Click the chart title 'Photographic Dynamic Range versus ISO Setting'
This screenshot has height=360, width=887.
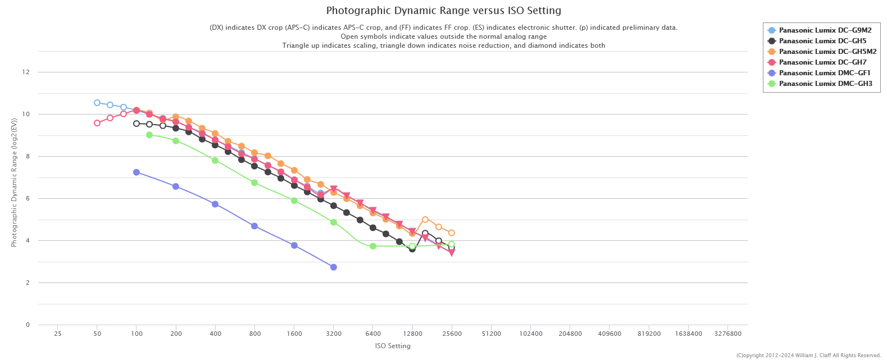(443, 11)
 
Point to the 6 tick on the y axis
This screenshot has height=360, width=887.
(28, 198)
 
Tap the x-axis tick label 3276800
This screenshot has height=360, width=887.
(727, 334)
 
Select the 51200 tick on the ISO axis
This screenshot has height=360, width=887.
(491, 334)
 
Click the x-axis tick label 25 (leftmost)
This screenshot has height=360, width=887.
(58, 334)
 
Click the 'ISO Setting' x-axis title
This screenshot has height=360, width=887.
(393, 346)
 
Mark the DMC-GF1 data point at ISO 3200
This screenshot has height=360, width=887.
(333, 267)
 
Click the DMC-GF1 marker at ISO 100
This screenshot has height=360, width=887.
(137, 172)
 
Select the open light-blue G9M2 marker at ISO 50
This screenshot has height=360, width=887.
(97, 103)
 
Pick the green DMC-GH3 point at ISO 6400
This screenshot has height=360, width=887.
(372, 246)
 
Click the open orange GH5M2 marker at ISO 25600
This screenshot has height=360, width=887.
(451, 233)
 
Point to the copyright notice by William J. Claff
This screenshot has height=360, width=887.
(808, 356)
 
